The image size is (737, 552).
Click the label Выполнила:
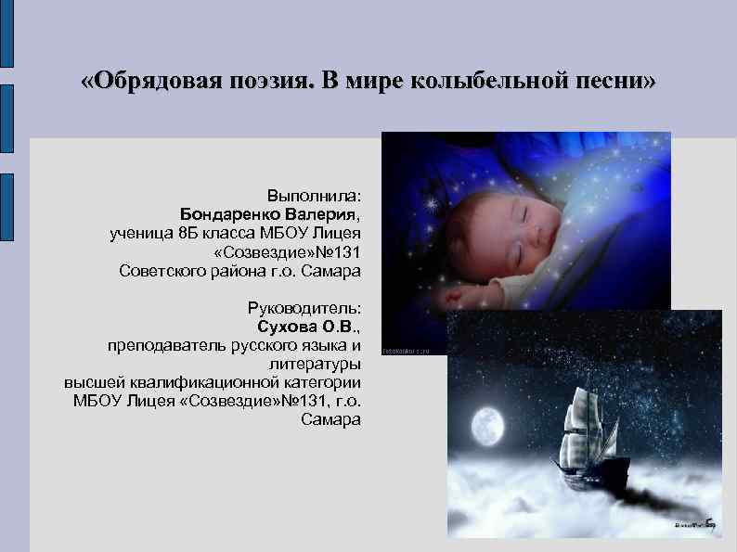315,196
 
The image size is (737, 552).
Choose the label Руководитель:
304,308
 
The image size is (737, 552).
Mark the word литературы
315,364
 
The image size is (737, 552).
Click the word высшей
90,382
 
